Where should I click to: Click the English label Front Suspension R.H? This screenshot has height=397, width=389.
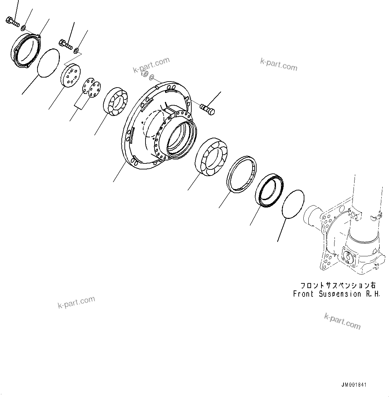coord(336,294)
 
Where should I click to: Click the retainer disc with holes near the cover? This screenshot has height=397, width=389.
coord(71,76)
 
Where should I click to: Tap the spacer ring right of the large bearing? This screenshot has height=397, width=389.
coord(241,175)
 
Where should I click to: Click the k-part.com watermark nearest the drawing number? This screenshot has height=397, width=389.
coord(343,321)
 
